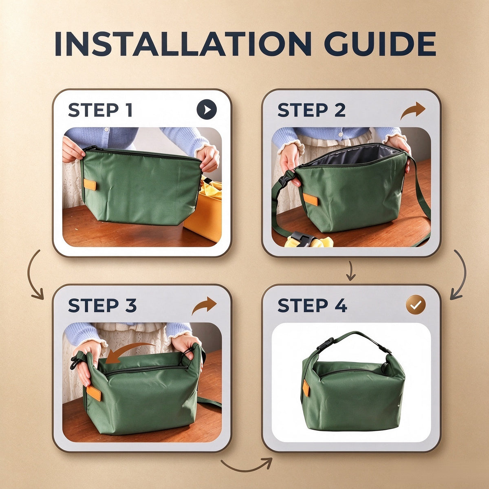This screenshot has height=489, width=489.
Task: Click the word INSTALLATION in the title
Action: pos(183,44)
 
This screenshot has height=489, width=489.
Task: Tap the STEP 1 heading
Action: pos(100,110)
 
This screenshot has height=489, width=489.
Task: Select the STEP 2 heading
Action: pos(311,110)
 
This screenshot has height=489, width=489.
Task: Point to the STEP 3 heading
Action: pos(102,305)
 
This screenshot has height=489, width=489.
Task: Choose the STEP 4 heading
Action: pos(313,305)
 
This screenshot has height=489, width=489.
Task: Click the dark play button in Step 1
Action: pos(207,109)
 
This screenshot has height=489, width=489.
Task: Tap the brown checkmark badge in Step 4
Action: pos(416,305)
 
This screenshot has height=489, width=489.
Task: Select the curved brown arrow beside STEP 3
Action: pos(204,306)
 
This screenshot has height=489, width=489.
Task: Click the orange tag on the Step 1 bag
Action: pos(90,184)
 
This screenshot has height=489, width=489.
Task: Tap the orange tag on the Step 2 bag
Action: pos(310,199)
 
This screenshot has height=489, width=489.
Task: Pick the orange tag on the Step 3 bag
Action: pos(94,393)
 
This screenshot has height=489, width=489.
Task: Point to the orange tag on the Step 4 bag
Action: pos(306,388)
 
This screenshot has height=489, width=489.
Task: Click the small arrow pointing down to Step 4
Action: pos(350,271)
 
